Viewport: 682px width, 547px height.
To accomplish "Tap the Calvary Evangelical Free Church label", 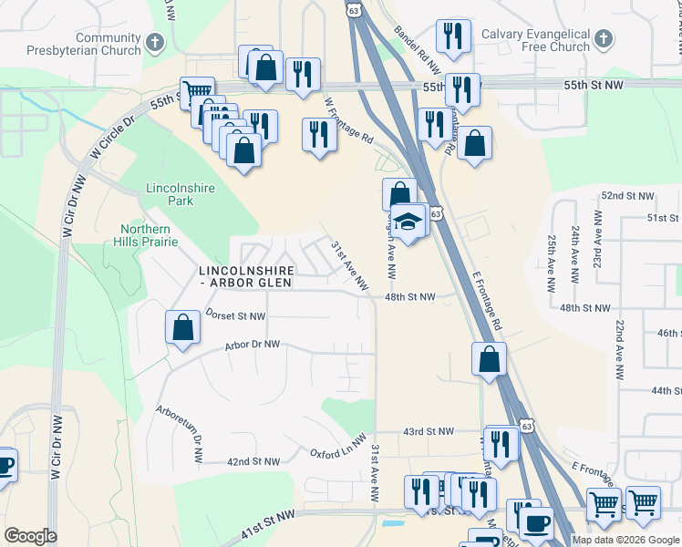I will point(545,40).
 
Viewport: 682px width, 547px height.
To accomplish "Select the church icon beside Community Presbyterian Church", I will point(155,42).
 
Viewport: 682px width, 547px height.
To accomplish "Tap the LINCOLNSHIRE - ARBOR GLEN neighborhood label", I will point(245,277).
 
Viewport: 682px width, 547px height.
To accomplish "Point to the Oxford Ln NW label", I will point(337,452).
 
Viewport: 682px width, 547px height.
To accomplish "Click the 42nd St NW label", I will point(253,462).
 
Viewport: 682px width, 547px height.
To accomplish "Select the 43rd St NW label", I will point(429,431).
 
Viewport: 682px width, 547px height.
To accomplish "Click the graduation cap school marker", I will point(410,221).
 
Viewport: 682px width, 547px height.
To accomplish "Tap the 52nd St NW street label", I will point(627,196).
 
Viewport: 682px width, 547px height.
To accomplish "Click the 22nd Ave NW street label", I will point(619,350).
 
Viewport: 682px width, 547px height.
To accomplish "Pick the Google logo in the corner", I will point(30,536).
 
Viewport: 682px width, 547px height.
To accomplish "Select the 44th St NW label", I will point(665,390).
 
